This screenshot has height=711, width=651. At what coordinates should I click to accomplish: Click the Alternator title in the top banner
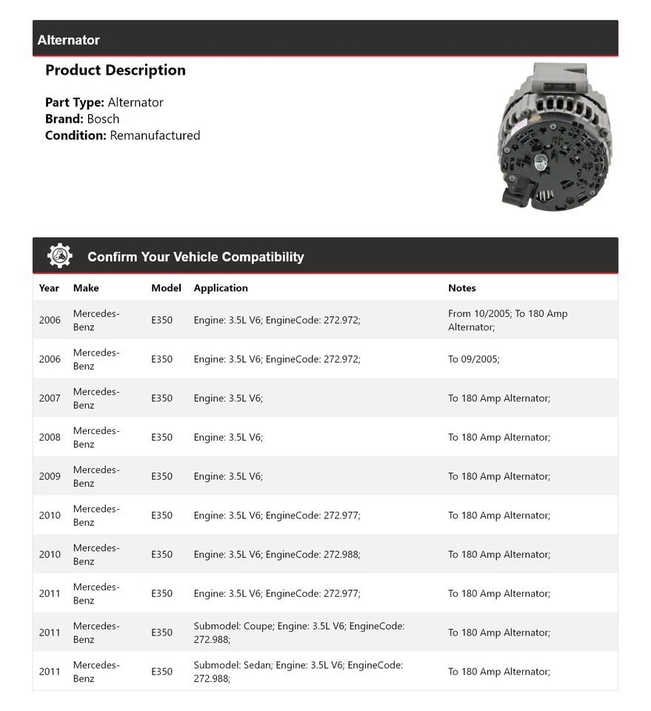point(68,40)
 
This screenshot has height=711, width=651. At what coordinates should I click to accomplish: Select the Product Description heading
point(116,70)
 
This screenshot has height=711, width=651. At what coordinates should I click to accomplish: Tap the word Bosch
point(103,118)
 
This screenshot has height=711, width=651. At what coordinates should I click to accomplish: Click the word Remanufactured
point(155,135)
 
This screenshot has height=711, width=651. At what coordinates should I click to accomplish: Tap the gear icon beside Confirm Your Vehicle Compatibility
point(60,256)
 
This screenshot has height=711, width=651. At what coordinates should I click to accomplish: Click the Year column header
point(49,288)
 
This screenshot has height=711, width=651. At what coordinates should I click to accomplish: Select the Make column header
point(86,288)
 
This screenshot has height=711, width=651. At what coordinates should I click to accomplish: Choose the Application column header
point(221,288)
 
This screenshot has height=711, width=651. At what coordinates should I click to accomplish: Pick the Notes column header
point(462,288)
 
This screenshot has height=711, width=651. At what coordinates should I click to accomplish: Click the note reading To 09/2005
point(474,359)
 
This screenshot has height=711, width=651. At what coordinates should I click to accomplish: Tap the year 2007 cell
point(50,398)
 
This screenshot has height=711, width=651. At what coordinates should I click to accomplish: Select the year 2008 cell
point(50,438)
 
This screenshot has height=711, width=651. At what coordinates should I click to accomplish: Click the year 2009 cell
point(50,476)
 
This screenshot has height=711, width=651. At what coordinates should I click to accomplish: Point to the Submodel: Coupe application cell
point(299,632)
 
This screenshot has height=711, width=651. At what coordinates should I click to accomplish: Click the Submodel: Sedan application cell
point(298,672)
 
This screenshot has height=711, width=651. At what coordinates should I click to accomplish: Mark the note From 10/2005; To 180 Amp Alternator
point(508,320)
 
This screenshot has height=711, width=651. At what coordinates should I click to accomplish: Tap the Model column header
point(166,288)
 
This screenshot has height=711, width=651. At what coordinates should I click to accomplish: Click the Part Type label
point(75,102)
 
